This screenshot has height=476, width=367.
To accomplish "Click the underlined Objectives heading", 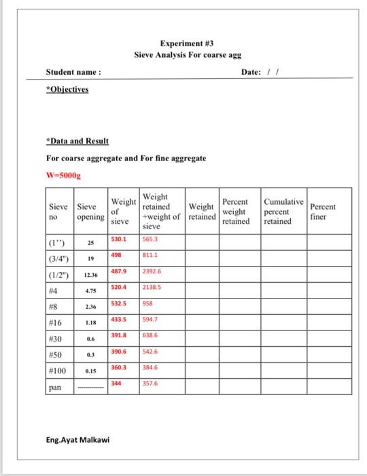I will pos(67,89).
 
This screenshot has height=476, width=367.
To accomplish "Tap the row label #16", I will pos(55,322).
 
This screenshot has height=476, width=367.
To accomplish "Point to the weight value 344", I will pos(117,383).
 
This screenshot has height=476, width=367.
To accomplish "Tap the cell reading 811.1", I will pos(150,255).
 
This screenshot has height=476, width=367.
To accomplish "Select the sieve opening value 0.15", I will pos(90,371).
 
